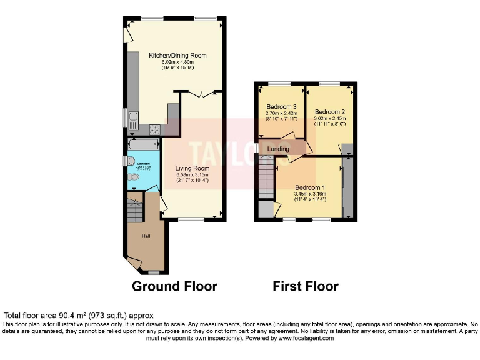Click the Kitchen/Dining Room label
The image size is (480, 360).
[177, 56]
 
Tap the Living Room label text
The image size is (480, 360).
[192, 168]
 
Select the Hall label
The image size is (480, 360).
[146, 236]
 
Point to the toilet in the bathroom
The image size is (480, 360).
[132, 177]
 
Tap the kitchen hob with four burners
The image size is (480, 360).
[154, 130]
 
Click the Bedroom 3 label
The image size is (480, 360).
[280, 106]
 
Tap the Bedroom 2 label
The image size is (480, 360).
[330, 112]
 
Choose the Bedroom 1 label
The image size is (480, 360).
[310, 187]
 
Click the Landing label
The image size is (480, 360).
[278, 149]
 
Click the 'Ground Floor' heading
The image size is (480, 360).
[174, 286]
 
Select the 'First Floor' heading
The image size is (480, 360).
[306, 286]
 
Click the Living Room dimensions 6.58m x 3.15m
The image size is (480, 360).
[192, 175]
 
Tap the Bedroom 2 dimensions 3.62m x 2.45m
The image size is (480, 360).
[330, 118]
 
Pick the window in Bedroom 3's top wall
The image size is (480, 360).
[280, 84]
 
